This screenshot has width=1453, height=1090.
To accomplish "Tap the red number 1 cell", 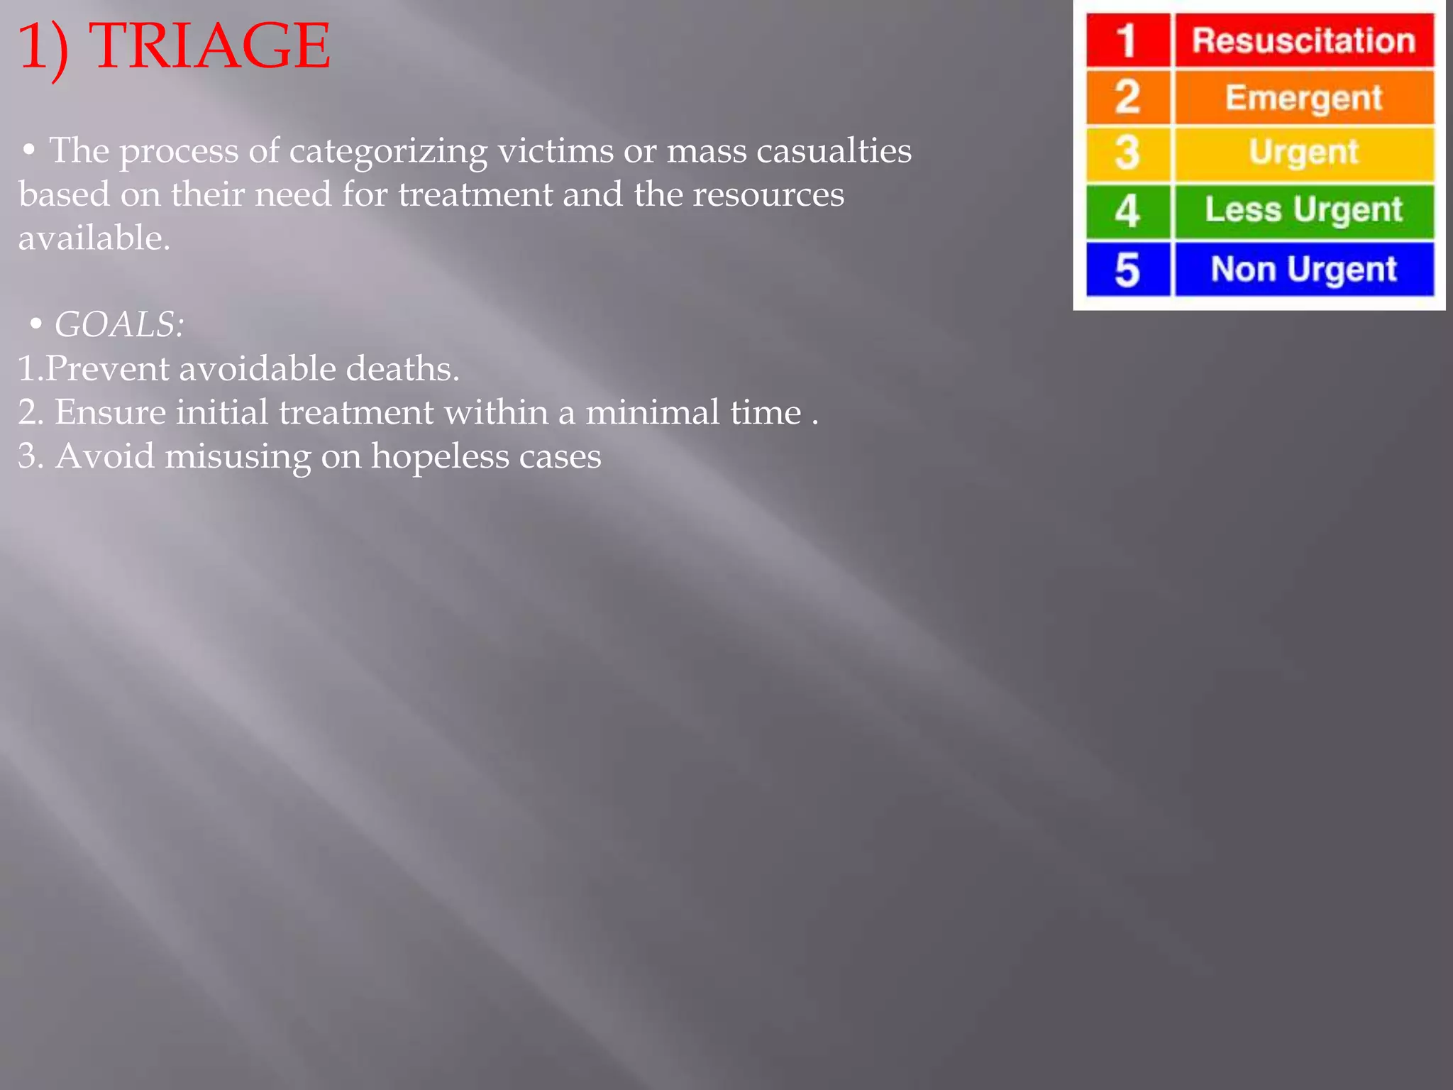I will point(1127,40).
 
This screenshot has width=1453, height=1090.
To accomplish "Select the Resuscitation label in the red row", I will point(1304,40).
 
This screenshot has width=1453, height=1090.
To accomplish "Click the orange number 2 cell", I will point(1127,97).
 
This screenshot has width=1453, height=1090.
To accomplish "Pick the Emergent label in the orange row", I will point(1304,97).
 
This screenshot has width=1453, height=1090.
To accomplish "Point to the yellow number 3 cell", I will point(1127,153).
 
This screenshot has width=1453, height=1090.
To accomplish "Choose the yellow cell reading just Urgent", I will point(1304,153).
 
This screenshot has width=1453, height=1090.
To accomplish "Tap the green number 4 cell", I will point(1127,211).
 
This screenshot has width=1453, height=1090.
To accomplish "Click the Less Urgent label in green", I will point(1304,211).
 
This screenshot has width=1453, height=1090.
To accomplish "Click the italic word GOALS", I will point(118,325).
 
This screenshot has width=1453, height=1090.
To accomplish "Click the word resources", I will point(768,194).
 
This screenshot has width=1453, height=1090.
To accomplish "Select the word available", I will point(94,238).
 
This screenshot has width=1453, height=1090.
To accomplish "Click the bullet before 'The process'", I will point(29,150).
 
